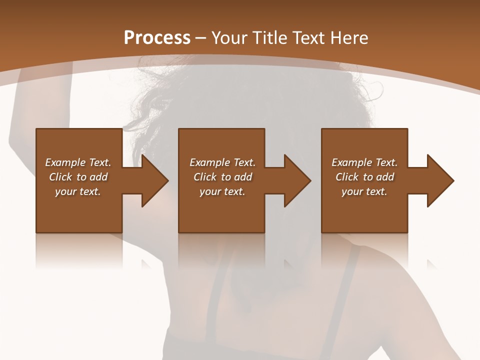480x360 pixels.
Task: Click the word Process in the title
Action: [157, 38]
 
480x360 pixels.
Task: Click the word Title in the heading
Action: [269, 38]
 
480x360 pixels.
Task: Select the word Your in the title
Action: [231, 38]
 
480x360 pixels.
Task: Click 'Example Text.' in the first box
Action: [78, 162]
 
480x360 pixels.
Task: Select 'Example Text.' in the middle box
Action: [222, 162]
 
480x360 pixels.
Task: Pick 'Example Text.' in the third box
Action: [364, 162]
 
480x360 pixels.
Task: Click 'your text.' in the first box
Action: [78, 191]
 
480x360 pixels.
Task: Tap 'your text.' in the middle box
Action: [222, 191]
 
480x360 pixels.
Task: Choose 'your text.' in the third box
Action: [364, 191]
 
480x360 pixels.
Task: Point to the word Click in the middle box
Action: [205, 177]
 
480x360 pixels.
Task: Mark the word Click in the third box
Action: [347, 177]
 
